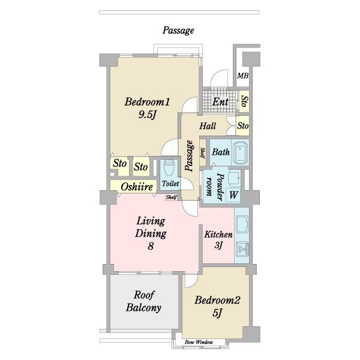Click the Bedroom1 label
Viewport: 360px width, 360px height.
147,102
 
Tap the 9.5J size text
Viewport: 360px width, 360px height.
147,115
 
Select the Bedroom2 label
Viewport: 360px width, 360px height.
217,300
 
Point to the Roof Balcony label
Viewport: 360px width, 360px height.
144,301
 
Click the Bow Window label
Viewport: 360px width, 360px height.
199,342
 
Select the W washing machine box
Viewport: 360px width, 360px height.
233,195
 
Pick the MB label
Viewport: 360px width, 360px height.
242,76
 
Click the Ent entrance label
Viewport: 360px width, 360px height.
220,102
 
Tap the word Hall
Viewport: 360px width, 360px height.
208,126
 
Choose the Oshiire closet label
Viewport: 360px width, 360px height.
137,187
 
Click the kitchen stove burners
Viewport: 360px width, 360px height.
242,249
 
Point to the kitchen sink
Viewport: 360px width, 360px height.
242,224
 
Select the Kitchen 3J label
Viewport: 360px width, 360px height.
218,239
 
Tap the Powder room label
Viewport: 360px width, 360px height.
215,187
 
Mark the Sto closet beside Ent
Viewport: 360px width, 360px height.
244,101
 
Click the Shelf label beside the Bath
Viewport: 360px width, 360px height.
203,153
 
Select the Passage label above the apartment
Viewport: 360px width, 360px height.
178,31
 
